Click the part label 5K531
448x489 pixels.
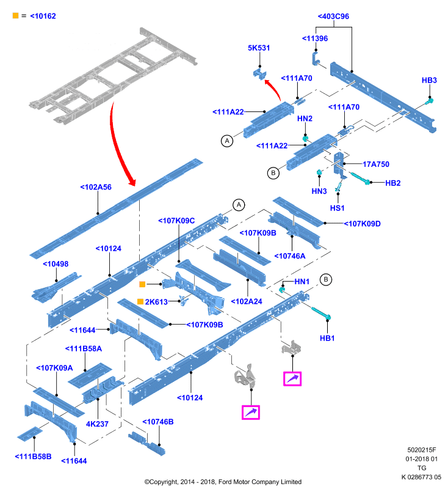pyautogui.click(x=259, y=48)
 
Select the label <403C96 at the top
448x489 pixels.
pyautogui.click(x=333, y=17)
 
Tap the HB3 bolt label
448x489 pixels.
pyautogui.click(x=429, y=80)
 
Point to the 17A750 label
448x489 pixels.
pyautogui.click(x=376, y=164)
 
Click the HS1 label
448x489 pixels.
pyautogui.click(x=337, y=208)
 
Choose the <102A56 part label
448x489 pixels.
pyautogui.click(x=96, y=187)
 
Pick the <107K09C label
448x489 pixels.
pyautogui.click(x=176, y=221)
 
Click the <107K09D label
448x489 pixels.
pyautogui.click(x=362, y=224)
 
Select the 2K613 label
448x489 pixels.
pyautogui.click(x=156, y=301)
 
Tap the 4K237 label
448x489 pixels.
pyautogui.click(x=97, y=424)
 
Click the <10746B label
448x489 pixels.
pyautogui.click(x=158, y=422)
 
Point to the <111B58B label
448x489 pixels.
pyautogui.click(x=34, y=456)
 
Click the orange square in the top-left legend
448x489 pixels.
pyautogui.click(x=16, y=16)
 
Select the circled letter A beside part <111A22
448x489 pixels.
pyautogui.click(x=227, y=141)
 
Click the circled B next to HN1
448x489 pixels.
pyautogui.click(x=326, y=279)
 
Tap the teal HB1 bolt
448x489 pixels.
pyautogui.click(x=321, y=313)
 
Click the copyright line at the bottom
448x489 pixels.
pyautogui.click(x=223, y=482)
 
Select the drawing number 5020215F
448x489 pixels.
pyautogui.click(x=422, y=450)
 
